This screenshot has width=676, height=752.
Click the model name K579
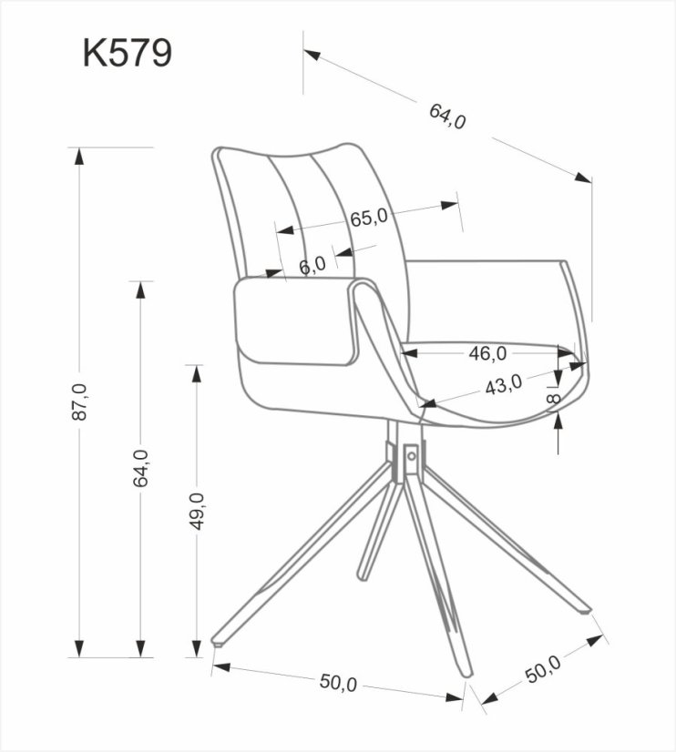[127, 53]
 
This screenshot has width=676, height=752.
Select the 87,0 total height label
[80, 401]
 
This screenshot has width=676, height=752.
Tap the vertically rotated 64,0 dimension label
[140, 468]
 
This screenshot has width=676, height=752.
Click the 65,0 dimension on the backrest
[368, 218]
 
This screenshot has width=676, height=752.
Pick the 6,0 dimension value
[312, 265]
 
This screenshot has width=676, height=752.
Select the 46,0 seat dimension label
[487, 352]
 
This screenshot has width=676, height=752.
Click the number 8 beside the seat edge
[557, 401]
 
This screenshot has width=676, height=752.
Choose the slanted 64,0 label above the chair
[447, 116]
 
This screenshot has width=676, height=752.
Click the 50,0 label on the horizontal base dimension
[337, 683]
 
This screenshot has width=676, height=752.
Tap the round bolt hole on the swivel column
[412, 454]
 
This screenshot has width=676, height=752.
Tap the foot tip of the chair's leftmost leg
[217, 641]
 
